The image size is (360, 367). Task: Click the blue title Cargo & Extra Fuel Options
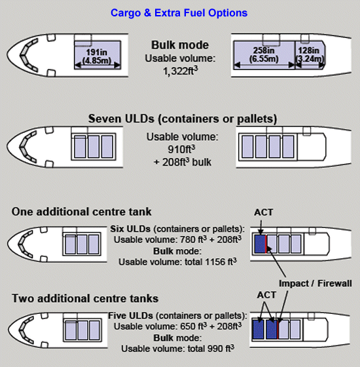click(179, 13)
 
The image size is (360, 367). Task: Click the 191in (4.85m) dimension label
click(97, 56)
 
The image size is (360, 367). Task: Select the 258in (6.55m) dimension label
click(264, 54)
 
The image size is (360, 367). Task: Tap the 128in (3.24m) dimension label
click(310, 54)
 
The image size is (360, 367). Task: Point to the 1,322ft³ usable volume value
click(180, 71)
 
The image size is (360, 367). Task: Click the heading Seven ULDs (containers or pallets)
click(183, 119)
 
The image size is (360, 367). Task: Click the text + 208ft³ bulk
click(183, 162)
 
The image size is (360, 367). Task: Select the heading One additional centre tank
click(82, 212)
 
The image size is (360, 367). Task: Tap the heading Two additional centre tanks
click(85, 298)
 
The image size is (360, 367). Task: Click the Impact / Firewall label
click(315, 283)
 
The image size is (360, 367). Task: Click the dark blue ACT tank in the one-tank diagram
click(260, 244)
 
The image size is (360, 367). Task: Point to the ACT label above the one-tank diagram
click(263, 212)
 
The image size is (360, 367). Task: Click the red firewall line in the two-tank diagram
click(278, 330)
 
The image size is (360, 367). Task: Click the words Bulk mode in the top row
click(180, 45)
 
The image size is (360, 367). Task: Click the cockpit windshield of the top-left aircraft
click(29, 56)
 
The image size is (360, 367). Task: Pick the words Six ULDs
click(130, 229)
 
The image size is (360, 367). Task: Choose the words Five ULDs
click(130, 315)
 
